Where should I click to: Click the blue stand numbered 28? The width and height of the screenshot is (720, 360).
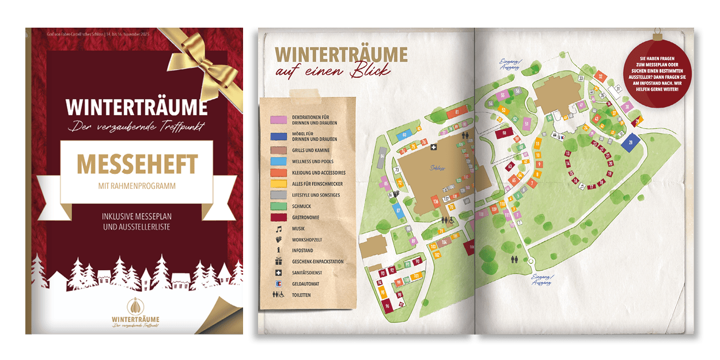pos(631,142)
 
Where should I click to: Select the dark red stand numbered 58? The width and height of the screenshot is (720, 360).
pos(504,133)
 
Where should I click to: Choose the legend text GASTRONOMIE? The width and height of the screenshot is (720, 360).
pos(305,217)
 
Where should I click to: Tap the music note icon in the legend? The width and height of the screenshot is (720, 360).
pos(278,228)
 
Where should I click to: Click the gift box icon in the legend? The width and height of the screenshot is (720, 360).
pos(278,261)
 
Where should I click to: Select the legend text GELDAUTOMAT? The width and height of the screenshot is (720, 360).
pos(305,284)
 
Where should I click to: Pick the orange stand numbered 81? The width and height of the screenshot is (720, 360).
pos(457,112)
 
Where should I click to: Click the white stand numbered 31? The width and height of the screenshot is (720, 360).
pos(618,88)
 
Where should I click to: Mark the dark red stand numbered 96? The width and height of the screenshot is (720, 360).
pos(388,306)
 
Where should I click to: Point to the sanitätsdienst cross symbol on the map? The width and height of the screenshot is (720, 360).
pos(434,147)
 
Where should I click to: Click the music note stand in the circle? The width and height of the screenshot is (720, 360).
pos(582,187)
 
